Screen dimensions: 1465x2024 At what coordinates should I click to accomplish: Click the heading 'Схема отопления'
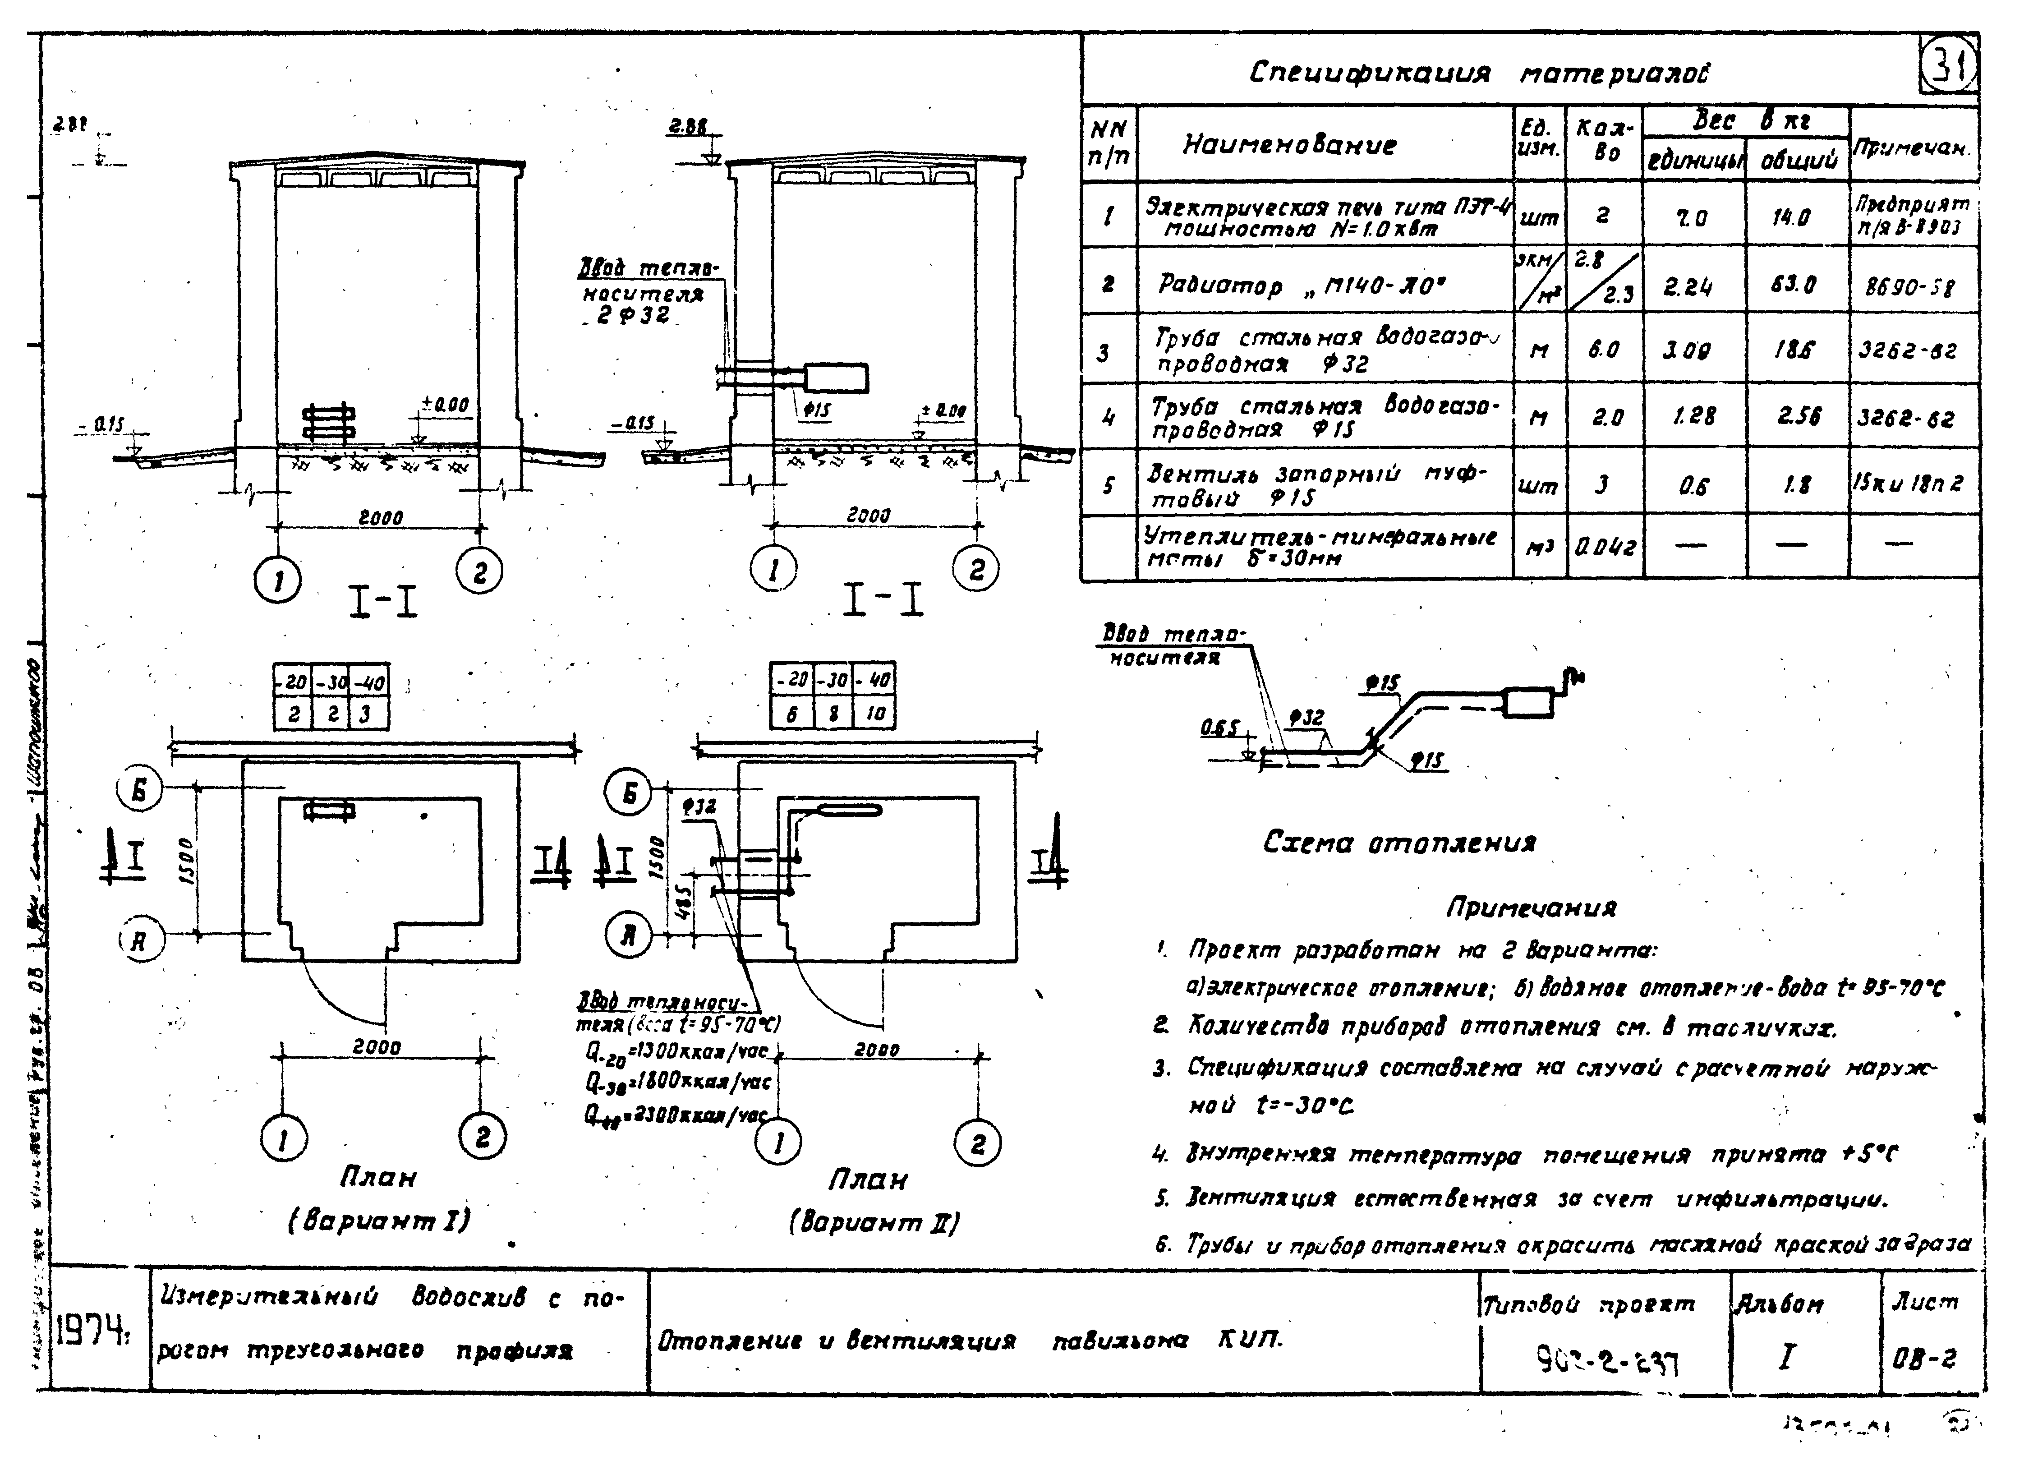point(1398,842)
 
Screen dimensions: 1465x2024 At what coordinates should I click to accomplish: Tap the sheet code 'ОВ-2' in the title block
point(1923,1359)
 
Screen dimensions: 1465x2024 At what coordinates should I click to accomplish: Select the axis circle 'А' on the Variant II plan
point(628,935)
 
